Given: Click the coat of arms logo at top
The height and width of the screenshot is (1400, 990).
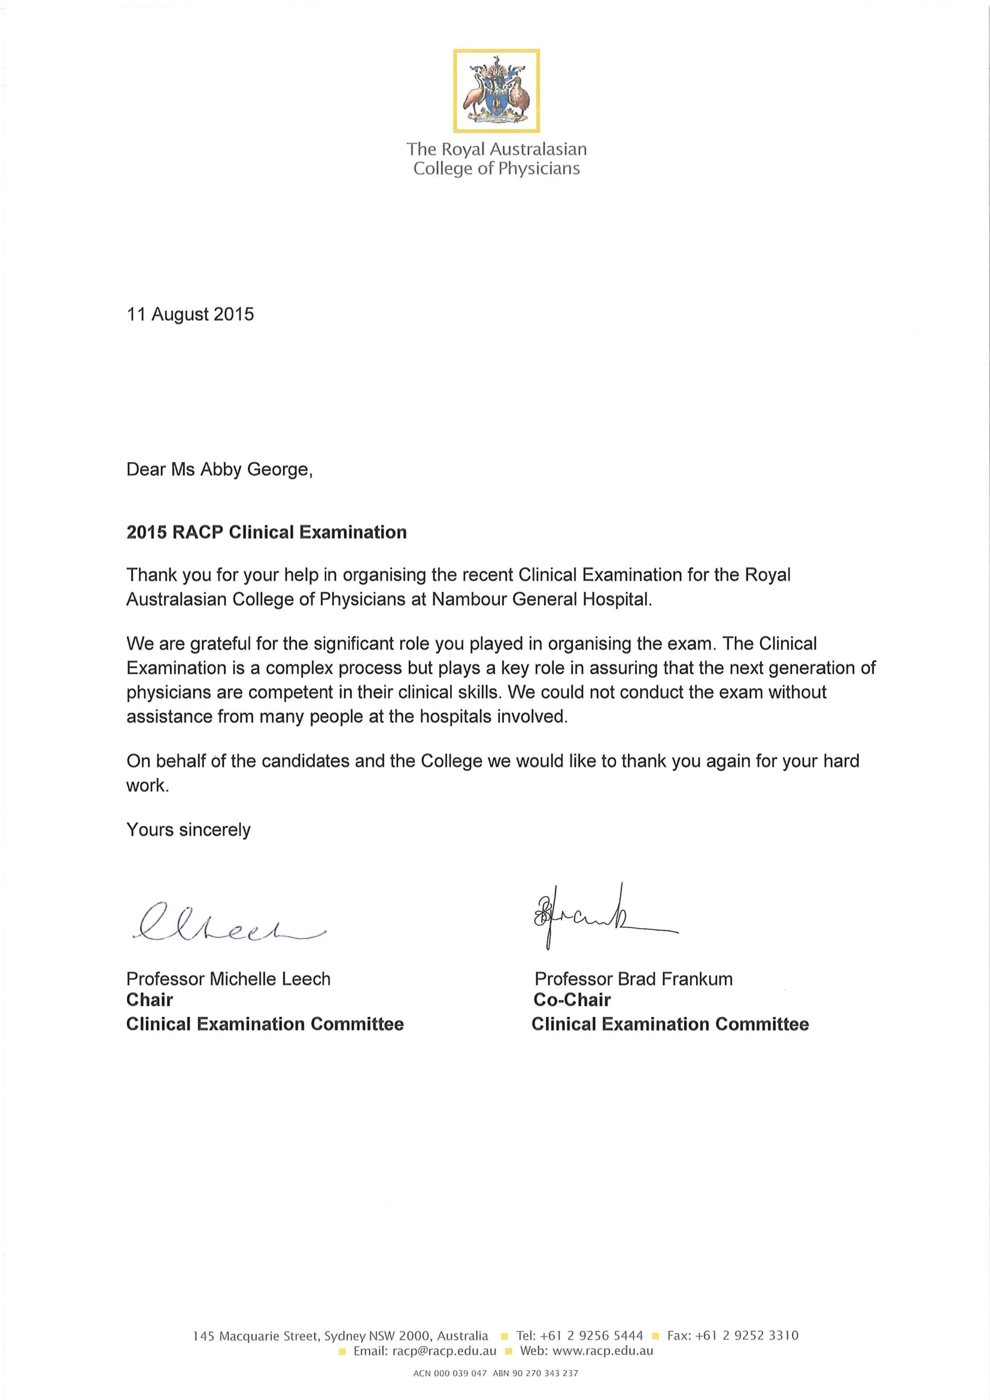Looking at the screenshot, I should (496, 91).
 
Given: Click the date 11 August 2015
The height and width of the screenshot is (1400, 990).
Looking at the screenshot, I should (190, 314).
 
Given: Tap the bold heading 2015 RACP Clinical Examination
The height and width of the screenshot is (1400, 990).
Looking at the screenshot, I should (266, 532).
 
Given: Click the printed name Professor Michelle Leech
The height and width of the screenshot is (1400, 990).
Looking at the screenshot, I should (228, 979).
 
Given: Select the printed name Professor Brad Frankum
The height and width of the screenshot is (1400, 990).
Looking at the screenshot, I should (633, 979).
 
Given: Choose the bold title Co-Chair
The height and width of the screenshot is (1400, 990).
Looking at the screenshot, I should (572, 1000).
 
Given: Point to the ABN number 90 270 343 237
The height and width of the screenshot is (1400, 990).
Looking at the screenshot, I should (544, 1373).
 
